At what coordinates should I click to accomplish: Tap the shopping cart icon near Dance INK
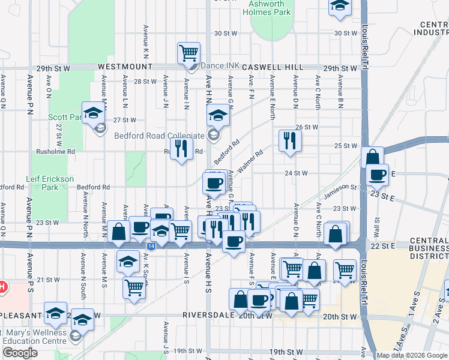(188, 53)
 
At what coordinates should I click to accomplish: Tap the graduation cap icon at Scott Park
(94, 112)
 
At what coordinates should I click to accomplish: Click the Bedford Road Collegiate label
(160, 135)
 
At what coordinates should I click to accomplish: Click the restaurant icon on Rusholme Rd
(181, 148)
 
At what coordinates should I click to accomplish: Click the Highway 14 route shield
(149, 246)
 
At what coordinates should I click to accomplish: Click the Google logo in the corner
(20, 353)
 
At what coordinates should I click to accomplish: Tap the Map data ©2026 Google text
(411, 355)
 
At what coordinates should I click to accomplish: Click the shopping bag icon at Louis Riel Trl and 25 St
(373, 157)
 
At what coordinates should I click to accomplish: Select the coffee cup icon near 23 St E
(377, 175)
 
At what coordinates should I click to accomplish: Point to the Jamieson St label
(340, 188)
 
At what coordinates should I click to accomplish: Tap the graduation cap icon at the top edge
(340, 6)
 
